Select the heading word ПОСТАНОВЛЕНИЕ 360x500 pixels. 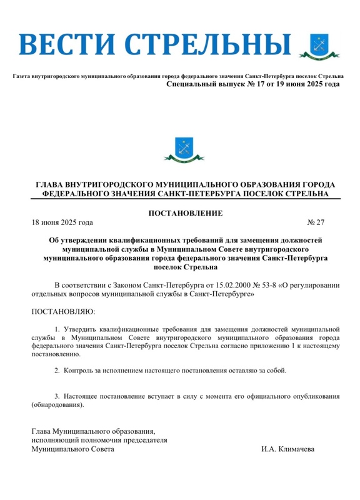point(185,214)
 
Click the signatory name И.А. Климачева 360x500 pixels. point(288,449)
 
